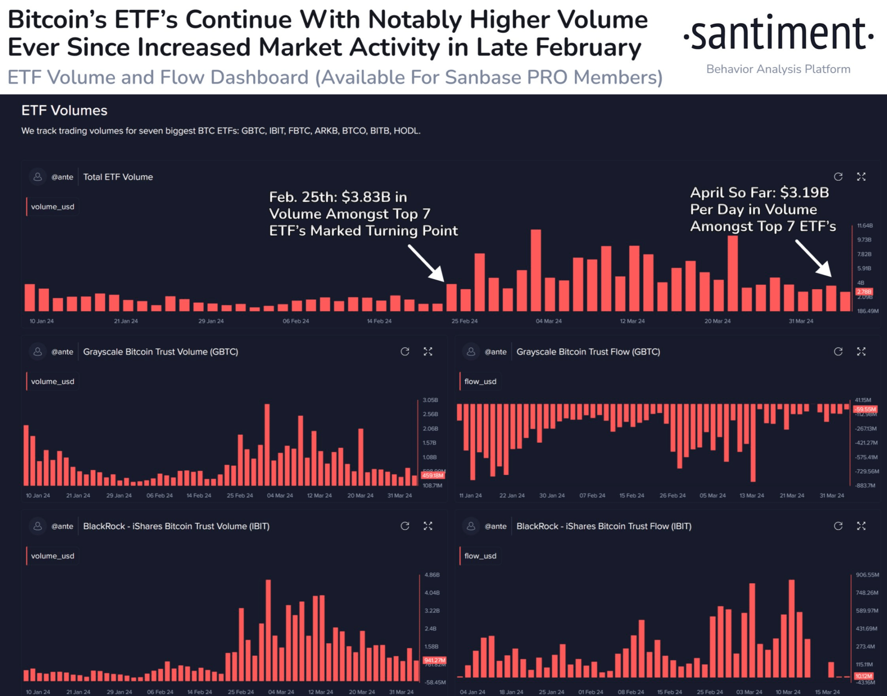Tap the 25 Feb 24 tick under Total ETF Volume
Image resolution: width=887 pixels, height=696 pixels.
[464, 321]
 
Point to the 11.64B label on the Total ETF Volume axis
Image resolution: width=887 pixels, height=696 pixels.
[864, 226]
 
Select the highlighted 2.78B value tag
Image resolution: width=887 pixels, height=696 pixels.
[864, 291]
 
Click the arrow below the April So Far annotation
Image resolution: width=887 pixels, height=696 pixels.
[813, 258]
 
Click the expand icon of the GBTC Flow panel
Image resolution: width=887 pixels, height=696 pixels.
[861, 352]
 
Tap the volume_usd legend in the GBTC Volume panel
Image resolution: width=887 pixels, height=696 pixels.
[52, 382]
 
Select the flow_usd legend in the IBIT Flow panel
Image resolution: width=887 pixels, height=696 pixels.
[480, 556]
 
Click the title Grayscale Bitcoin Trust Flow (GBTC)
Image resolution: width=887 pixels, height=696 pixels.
[588, 352]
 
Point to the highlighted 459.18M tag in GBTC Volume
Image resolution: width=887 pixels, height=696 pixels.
[433, 476]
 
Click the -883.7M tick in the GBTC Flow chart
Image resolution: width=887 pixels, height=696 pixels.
[865, 486]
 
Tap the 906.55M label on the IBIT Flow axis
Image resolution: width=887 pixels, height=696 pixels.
[867, 575]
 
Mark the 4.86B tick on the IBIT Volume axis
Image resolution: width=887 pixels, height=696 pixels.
[432, 575]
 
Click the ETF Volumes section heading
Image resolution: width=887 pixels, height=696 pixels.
[64, 110]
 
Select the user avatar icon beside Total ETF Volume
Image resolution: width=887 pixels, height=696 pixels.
[38, 177]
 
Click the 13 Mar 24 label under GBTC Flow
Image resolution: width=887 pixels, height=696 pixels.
[751, 495]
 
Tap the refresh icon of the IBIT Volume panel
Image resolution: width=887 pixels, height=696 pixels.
[405, 526]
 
